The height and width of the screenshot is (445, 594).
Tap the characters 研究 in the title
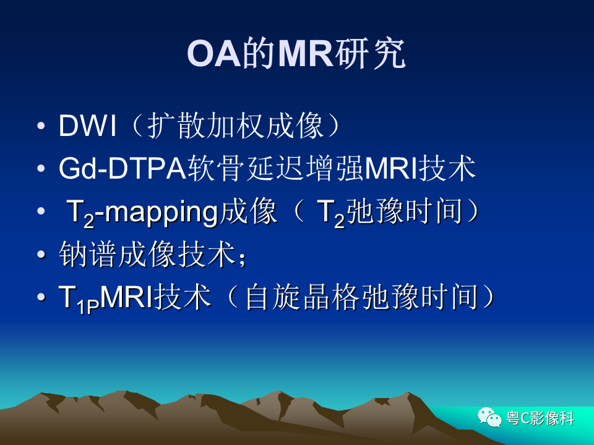tap(371, 54)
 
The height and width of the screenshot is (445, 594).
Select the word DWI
tap(87, 125)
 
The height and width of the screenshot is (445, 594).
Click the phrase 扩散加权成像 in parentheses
tap(235, 125)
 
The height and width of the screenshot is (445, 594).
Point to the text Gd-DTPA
tap(122, 168)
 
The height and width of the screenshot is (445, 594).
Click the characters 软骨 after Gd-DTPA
tap(215, 168)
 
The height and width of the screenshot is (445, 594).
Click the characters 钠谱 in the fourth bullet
tap(87, 253)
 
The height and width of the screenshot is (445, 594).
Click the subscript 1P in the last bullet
tap(88, 307)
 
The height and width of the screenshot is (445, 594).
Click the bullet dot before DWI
tap(41, 125)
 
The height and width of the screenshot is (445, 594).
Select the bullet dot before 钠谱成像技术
tap(41, 254)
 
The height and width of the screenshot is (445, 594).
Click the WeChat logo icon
tap(489, 417)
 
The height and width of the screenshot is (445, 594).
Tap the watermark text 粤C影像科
tap(540, 418)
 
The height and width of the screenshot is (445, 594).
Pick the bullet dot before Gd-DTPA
tap(41, 168)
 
